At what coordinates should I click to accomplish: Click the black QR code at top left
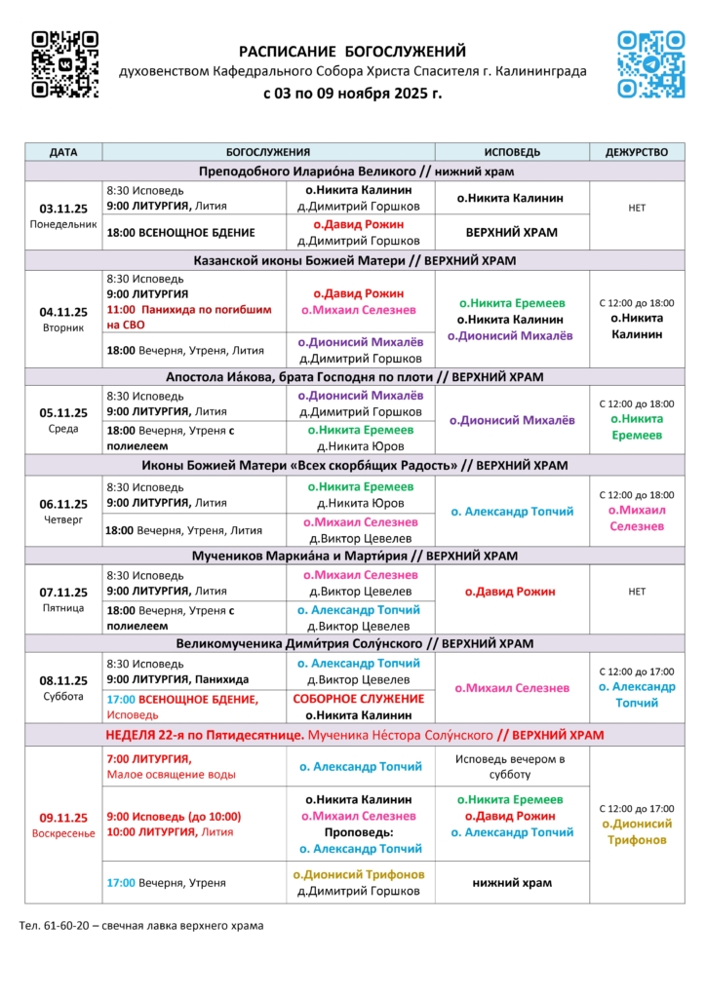coord(64,64)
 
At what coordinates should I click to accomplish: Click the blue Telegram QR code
coord(651,64)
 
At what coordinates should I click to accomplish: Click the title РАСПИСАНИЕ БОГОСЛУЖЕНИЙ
coord(353,52)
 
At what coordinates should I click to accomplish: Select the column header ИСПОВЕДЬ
coord(512,152)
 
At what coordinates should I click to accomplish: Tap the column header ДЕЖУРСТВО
coord(637,152)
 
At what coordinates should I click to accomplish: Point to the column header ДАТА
coord(63,152)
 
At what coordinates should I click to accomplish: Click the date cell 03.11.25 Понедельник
coord(63,214)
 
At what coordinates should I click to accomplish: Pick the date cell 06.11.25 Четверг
coord(63,511)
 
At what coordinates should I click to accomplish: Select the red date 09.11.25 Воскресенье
coord(63,825)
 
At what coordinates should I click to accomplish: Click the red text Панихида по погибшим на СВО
coord(184,317)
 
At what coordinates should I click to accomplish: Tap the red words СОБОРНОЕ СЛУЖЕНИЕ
coord(359,699)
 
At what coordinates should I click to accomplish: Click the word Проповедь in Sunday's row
coord(359,832)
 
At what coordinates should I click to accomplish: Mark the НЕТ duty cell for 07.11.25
coord(637,591)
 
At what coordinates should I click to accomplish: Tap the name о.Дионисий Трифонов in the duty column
coord(637,831)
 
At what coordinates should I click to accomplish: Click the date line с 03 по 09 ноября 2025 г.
coord(353,95)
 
